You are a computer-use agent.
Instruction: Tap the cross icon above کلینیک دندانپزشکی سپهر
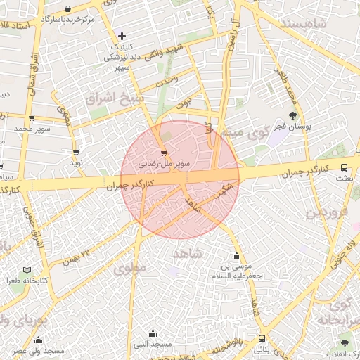click(122, 35)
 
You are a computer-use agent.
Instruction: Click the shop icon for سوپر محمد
click(31, 118)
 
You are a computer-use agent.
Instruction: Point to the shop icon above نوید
click(75, 152)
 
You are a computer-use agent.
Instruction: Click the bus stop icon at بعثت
click(344, 167)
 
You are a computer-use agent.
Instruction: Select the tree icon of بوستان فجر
click(292, 115)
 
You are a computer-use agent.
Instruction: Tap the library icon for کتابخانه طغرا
click(27, 270)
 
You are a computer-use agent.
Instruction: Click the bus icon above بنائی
click(262, 338)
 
